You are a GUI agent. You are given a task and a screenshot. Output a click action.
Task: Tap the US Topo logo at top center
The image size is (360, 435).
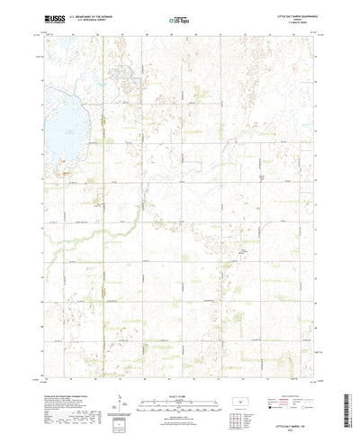(179, 18)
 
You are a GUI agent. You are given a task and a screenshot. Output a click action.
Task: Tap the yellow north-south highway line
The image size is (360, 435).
(102, 225)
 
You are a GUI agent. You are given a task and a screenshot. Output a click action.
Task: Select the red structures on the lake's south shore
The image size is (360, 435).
(65, 168)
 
